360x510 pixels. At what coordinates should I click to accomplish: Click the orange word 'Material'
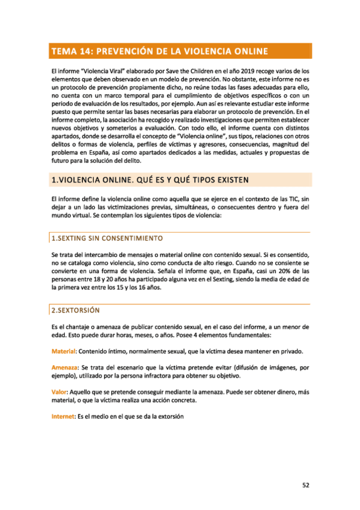click(63, 351)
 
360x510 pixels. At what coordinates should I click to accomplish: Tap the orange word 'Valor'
click(59, 392)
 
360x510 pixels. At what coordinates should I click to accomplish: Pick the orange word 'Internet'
click(63, 416)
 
